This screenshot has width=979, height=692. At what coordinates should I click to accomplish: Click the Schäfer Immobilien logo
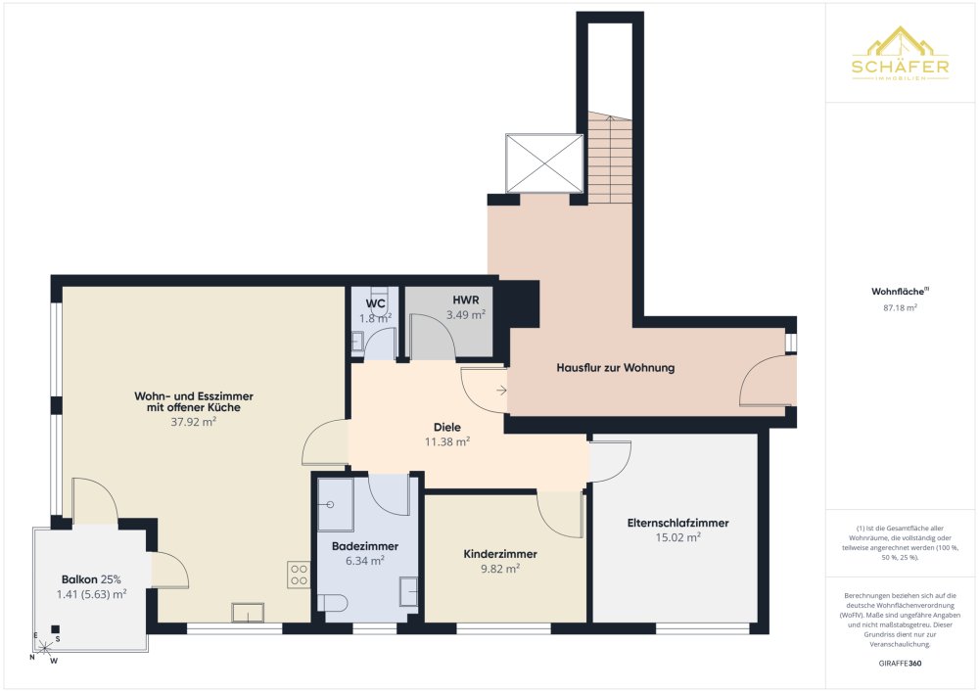click(900, 54)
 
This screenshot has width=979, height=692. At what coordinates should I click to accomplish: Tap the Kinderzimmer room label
click(500, 554)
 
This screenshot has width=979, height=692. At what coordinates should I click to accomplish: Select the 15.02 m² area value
click(677, 537)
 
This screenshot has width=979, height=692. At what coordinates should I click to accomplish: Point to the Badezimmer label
click(364, 546)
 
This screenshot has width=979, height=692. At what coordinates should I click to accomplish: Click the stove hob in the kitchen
click(299, 575)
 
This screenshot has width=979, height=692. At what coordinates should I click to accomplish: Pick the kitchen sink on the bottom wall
click(248, 612)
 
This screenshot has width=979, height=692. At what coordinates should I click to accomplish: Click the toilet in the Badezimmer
click(332, 603)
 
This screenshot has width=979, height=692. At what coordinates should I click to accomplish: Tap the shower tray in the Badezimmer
click(336, 504)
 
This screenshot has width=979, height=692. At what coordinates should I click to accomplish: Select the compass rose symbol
click(44, 649)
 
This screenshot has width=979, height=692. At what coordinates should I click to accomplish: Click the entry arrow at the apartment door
click(501, 391)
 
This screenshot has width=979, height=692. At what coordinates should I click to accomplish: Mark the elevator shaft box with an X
click(544, 162)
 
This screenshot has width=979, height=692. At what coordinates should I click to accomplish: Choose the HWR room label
click(466, 300)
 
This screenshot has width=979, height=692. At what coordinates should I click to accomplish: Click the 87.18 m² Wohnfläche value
click(900, 307)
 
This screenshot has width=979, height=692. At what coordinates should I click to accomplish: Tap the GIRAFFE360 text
click(900, 664)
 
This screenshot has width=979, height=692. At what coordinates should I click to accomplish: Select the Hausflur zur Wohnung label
click(616, 368)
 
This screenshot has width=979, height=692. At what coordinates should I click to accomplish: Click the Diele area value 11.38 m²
click(447, 441)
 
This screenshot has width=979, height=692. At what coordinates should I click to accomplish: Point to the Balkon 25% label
click(91, 579)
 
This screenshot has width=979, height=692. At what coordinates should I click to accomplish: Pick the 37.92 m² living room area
click(194, 422)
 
